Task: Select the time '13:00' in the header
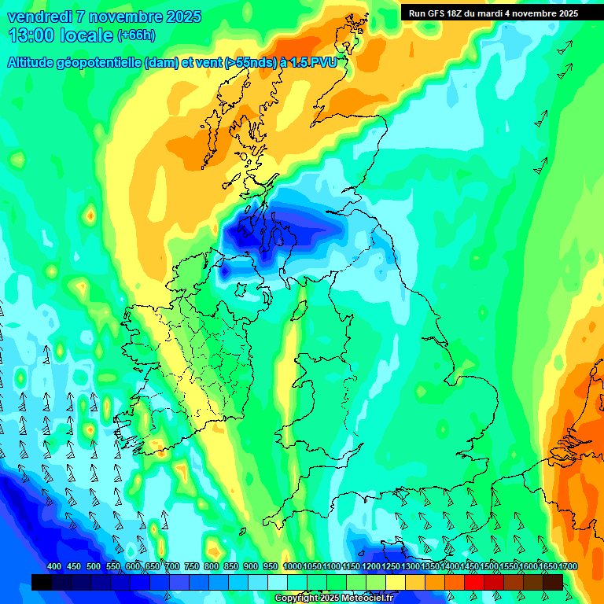(x=30, y=35)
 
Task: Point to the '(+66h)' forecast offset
(x=137, y=35)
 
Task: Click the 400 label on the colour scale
(x=54, y=567)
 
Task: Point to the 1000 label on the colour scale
(x=292, y=567)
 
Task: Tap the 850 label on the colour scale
(x=231, y=567)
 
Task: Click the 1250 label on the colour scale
(x=391, y=567)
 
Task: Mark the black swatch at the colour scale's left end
(x=41, y=582)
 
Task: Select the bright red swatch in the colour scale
(x=474, y=582)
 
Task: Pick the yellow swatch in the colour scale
(x=396, y=582)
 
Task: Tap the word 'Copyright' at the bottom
(x=296, y=598)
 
